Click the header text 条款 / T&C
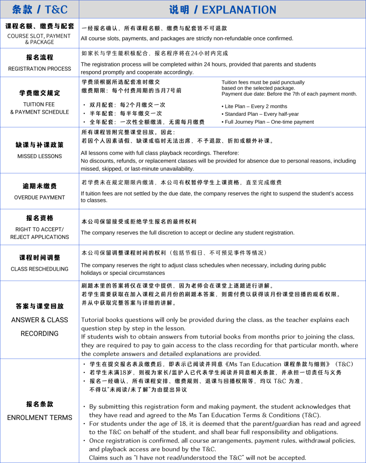[x=39, y=9]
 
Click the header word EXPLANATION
[x=239, y=10]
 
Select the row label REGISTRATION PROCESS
[x=39, y=69]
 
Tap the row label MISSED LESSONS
[x=39, y=156]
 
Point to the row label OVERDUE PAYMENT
[x=39, y=197]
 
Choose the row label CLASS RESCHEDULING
[x=39, y=269]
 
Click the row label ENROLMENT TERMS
[x=39, y=417]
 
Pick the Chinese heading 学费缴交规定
[x=39, y=93]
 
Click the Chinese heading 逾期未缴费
[x=39, y=186]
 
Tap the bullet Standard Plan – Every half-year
[x=261, y=114]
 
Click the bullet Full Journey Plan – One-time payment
[x=269, y=122]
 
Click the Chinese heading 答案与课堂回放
[x=39, y=306]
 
